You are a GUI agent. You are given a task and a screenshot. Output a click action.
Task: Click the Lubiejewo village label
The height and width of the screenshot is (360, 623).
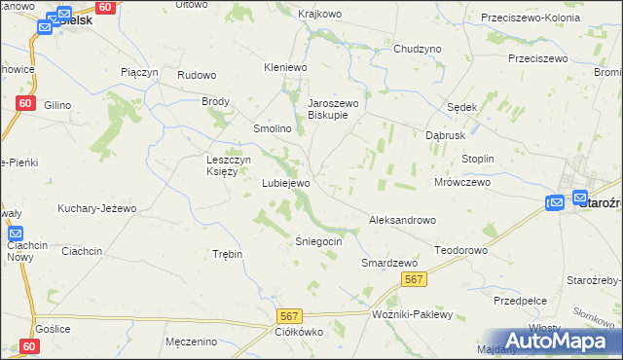point(286,183)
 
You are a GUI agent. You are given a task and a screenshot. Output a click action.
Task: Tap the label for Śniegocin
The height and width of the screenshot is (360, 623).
point(319,241)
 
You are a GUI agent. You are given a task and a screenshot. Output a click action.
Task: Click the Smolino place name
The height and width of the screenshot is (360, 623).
point(273,129)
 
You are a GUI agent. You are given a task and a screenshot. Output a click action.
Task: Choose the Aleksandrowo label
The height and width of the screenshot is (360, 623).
point(402,221)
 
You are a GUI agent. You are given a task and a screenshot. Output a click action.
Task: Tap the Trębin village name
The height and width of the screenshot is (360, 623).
point(227,254)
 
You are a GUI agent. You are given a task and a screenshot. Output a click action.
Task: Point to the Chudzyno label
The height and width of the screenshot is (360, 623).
point(418,49)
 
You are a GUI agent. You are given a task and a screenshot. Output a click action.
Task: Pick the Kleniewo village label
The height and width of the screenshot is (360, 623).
point(285,68)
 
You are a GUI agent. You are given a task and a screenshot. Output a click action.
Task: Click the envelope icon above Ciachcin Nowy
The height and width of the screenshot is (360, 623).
point(16,234)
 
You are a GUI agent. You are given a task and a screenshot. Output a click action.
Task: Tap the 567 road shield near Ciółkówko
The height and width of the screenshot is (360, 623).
point(288,316)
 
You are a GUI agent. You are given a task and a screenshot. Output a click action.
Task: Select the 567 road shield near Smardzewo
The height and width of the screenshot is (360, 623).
point(414,280)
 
